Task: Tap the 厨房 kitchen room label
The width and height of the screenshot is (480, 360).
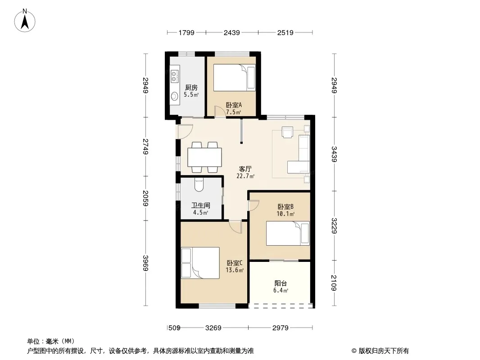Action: click(191, 88)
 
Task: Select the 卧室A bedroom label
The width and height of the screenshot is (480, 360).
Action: click(234, 105)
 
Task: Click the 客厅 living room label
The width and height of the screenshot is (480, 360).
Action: click(245, 169)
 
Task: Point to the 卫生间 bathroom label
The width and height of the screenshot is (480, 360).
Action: click(201, 206)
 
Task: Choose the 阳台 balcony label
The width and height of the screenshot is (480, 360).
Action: click(281, 283)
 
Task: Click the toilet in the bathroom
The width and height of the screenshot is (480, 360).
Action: click(199, 185)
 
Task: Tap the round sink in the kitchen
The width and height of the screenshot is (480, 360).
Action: click(175, 96)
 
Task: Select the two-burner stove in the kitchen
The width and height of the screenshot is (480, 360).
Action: click(174, 76)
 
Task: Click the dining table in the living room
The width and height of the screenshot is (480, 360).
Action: click(204, 157)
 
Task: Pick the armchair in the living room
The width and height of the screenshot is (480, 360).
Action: click(287, 132)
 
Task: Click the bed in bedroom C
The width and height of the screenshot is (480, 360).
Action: click(200, 263)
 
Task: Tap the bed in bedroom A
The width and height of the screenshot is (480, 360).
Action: click(234, 78)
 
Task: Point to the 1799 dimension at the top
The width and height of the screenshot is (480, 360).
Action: click(186, 33)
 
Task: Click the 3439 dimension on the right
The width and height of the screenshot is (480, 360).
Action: click(334, 154)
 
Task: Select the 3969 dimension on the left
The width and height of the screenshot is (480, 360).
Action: click(145, 263)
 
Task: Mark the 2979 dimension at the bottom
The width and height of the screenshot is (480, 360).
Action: click(281, 328)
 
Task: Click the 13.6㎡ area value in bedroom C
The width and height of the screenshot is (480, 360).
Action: click(235, 270)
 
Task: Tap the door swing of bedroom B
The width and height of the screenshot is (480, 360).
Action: click(254, 206)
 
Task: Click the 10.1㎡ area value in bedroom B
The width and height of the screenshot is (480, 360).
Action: click(285, 214)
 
